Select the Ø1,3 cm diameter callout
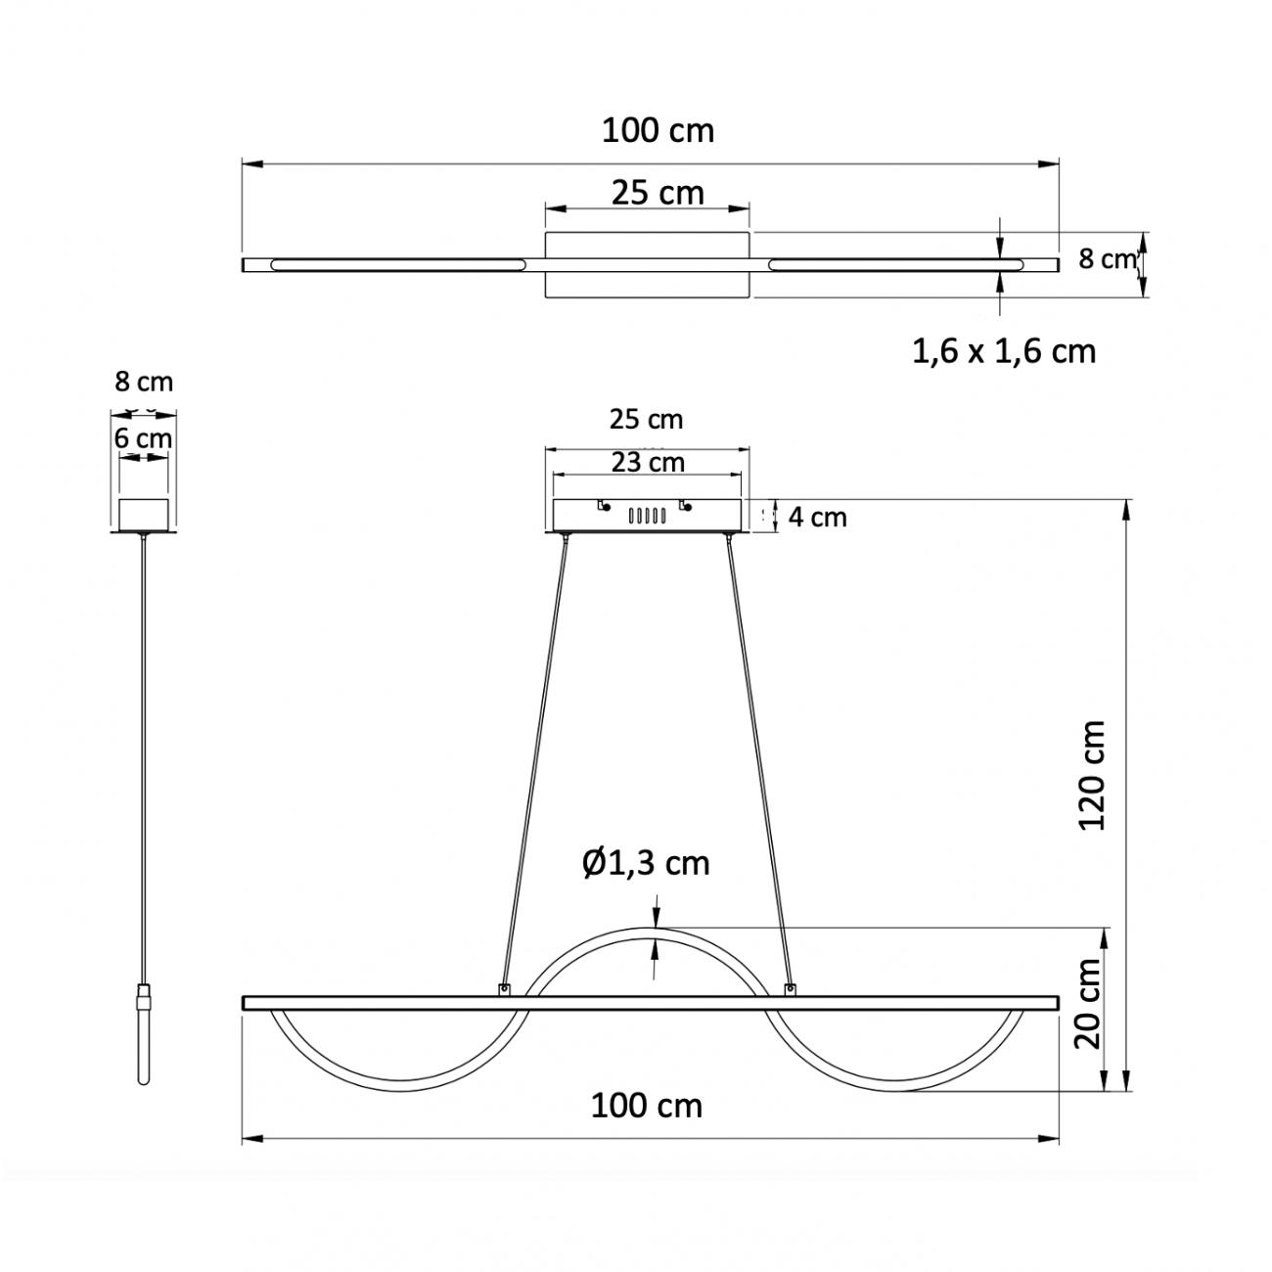(646, 863)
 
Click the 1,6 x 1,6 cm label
(1004, 351)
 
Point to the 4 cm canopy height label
(817, 517)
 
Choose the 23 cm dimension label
(648, 462)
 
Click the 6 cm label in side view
(143, 438)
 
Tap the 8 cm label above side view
(144, 382)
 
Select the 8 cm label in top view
(1107, 259)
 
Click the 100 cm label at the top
(659, 131)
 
